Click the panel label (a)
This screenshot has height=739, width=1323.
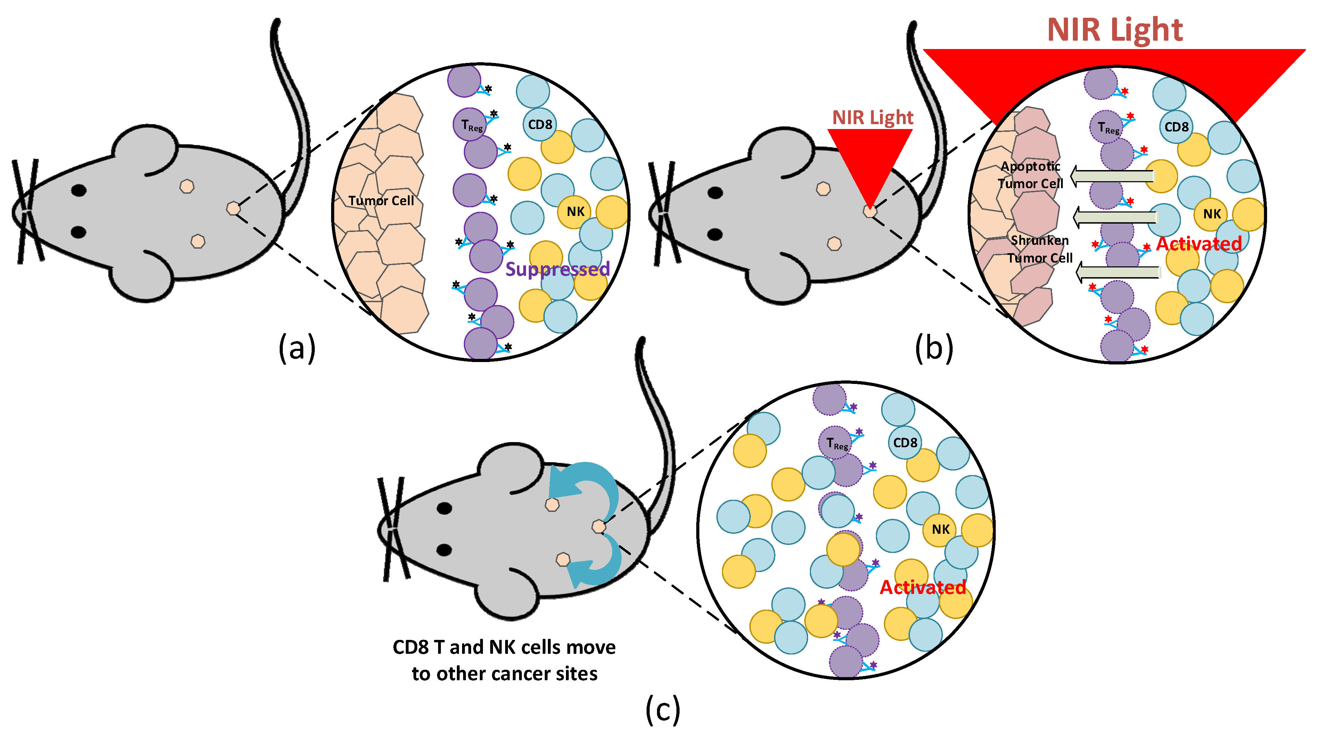[296, 348]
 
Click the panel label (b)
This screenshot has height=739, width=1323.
[933, 348]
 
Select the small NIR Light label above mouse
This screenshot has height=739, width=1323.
[873, 118]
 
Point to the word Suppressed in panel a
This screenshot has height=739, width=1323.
[557, 269]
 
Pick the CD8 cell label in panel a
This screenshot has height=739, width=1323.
[540, 124]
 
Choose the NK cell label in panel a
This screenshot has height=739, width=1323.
[575, 211]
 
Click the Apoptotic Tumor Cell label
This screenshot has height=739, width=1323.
[1030, 175]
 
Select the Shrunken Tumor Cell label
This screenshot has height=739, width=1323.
[1039, 249]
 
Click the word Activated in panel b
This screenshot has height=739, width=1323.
[1199, 243]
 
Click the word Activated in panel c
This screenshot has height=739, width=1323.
[922, 587]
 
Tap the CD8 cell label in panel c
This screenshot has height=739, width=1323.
[905, 442]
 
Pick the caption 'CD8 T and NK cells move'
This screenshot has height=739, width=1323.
[504, 647]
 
